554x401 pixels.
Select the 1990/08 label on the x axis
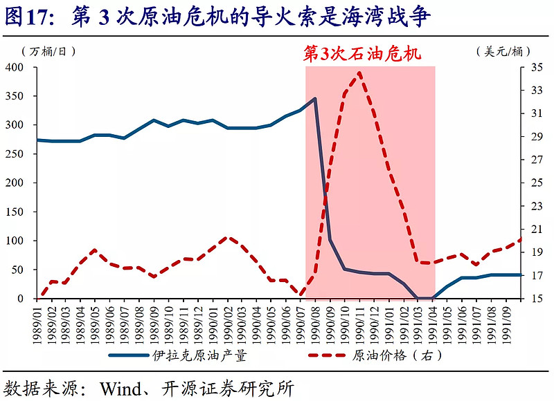point(315,319)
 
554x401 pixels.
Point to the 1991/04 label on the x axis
point(433,319)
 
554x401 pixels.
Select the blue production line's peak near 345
point(315,99)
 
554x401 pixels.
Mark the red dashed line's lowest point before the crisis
point(301,295)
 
